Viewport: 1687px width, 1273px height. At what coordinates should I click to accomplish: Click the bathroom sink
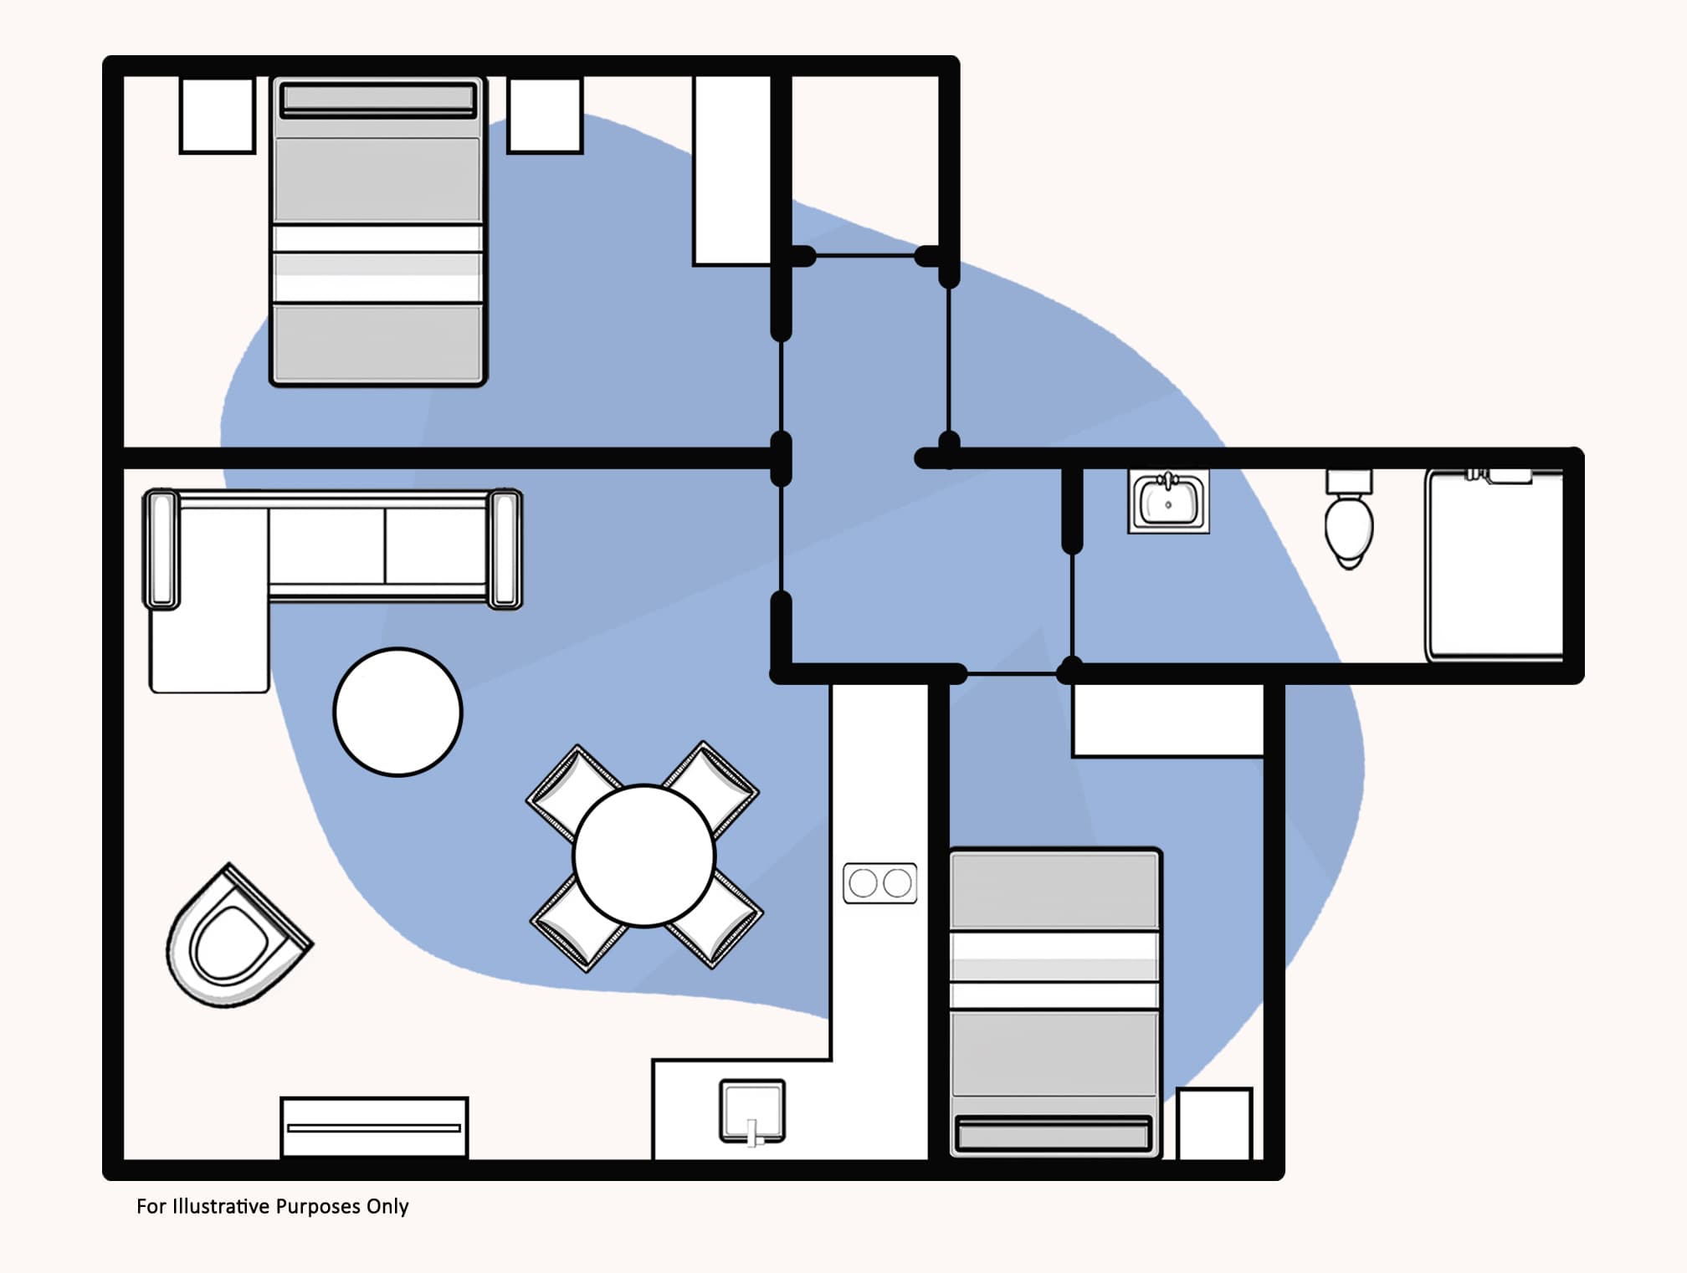point(1168,502)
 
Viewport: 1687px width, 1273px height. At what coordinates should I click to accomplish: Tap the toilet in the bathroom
point(1348,523)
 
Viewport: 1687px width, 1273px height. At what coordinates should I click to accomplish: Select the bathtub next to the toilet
point(1495,567)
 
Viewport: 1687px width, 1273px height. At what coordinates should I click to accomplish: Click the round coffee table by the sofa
point(397,712)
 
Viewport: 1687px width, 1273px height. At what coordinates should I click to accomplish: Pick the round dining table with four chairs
point(644,855)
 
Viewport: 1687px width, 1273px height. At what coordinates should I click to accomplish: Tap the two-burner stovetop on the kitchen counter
point(879,882)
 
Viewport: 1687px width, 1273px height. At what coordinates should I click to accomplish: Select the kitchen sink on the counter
point(752,1110)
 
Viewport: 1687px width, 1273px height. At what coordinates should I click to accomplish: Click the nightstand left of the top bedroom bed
point(217,115)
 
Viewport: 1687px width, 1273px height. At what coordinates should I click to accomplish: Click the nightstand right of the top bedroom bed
point(545,115)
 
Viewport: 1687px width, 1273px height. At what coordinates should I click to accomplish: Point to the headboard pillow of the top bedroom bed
point(377,100)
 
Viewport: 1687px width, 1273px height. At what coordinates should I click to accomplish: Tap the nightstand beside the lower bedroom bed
point(1213,1123)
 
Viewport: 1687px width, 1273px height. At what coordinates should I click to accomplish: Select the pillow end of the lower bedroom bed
point(1053,1134)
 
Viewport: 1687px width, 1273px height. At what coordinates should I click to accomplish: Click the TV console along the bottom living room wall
point(374,1127)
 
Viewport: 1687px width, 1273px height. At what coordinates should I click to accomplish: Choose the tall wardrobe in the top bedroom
point(732,170)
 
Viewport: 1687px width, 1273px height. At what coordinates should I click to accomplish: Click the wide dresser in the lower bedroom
point(1167,720)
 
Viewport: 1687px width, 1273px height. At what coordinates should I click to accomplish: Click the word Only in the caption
point(387,1206)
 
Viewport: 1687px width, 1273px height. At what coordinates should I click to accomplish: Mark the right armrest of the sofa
point(505,549)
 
